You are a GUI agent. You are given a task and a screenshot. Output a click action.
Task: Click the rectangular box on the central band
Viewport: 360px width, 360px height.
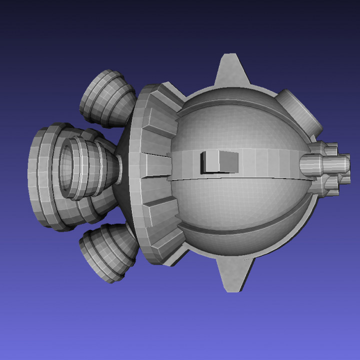(219, 162)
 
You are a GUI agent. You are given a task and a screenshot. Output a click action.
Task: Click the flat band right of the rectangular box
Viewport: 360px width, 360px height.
(270, 161)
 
